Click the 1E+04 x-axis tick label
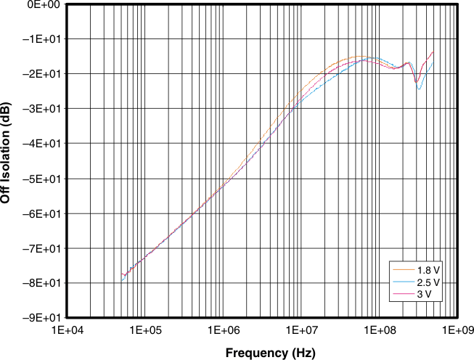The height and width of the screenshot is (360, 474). tap(68, 330)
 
